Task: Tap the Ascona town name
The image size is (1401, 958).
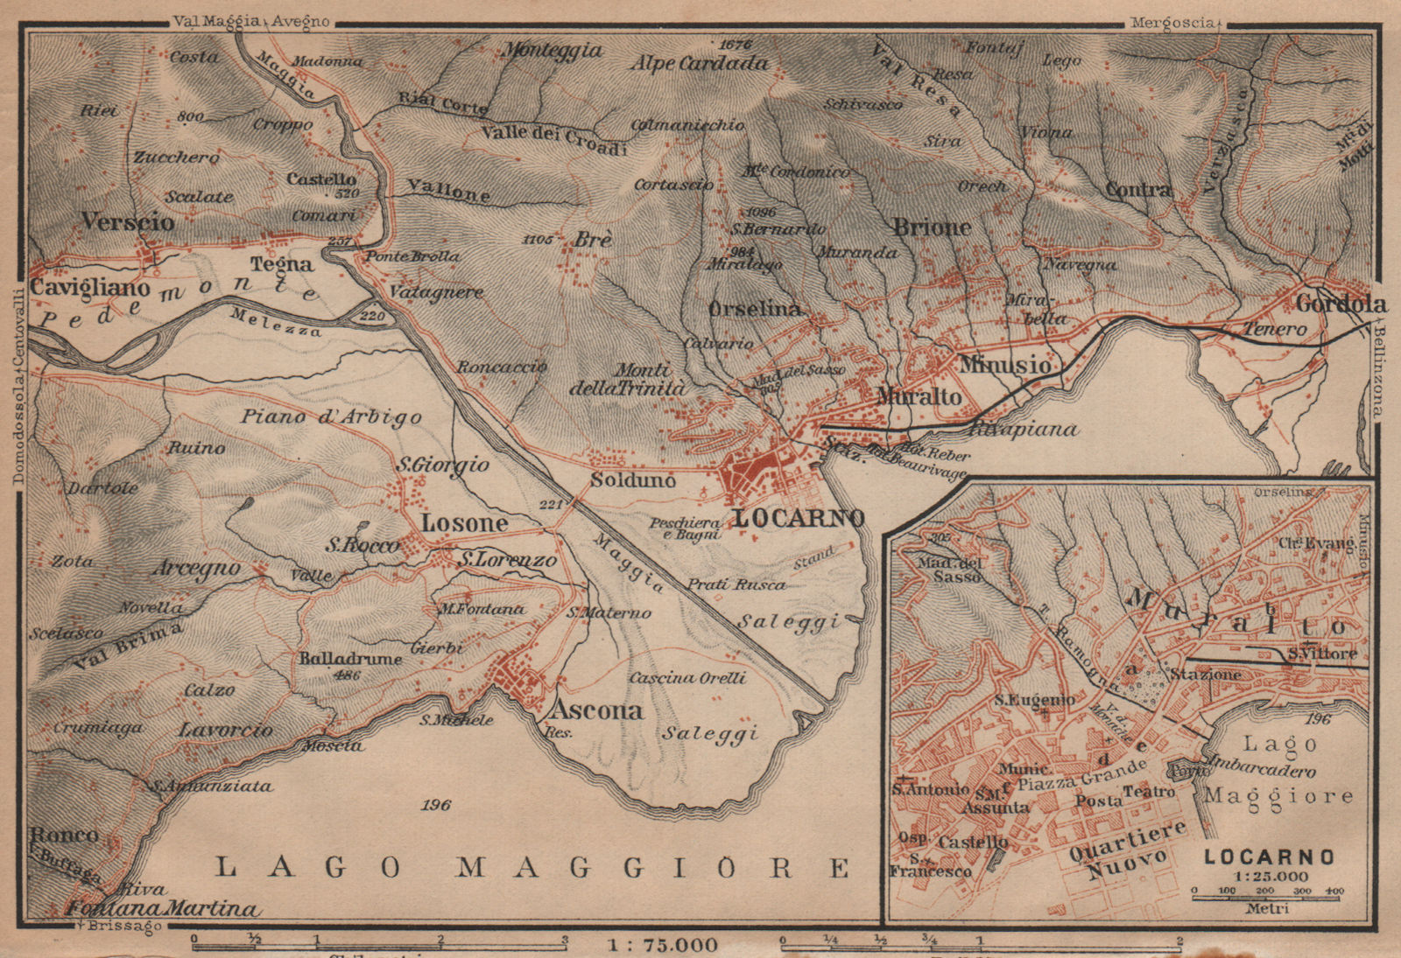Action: tap(596, 709)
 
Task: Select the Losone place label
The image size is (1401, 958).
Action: tap(464, 523)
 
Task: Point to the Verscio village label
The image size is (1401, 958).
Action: tap(128, 222)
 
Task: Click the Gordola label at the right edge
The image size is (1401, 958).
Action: tap(1341, 304)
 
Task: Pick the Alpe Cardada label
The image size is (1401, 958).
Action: tap(700, 63)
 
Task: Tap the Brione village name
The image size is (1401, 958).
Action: tap(932, 227)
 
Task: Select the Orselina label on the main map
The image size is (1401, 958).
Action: tap(754, 309)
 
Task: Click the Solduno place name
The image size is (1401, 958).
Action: tap(632, 480)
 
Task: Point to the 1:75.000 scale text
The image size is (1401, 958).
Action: tap(662, 945)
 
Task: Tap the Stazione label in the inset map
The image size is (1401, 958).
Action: tap(1206, 675)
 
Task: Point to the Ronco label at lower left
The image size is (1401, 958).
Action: tap(64, 834)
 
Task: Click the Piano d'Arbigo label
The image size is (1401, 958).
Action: tap(331, 417)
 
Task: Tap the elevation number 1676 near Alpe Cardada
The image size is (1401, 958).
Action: tap(735, 44)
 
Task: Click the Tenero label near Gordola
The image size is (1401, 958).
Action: tap(1275, 329)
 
